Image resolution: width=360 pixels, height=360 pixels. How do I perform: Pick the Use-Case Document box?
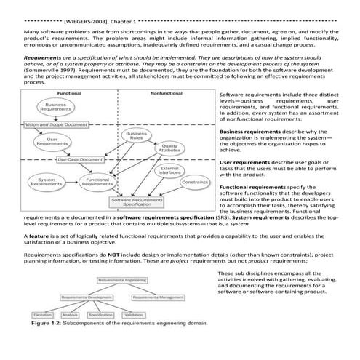(x=81, y=159)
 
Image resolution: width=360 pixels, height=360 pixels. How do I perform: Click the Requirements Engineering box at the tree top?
(x=121, y=279)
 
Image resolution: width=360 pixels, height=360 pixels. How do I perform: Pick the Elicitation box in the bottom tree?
(x=42, y=314)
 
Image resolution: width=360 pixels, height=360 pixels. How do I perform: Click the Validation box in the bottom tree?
(x=135, y=314)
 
